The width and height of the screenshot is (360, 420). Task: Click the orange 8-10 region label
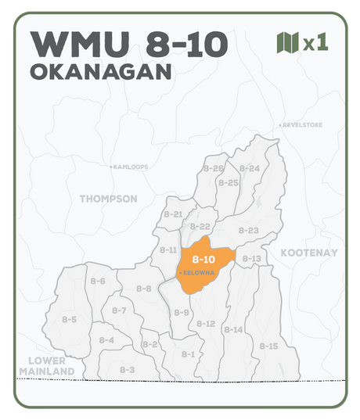[x=203, y=259]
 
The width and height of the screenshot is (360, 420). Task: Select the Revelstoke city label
[x=301, y=125]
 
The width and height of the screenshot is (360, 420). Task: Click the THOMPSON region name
[x=108, y=199]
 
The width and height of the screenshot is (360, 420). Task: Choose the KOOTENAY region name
[x=309, y=253]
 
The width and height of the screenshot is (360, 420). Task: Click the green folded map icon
[x=288, y=43]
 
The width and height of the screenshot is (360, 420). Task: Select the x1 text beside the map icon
[x=315, y=43]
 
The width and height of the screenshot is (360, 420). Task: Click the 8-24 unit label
[x=249, y=168]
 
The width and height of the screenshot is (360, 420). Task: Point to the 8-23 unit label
[x=248, y=230]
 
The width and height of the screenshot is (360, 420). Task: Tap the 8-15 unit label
[x=268, y=346]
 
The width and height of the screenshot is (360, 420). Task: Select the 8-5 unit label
[x=69, y=319]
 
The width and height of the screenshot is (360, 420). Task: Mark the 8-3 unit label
[x=128, y=369]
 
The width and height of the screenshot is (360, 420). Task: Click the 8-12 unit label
[x=206, y=324]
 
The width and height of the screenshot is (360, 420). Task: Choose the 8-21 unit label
[x=173, y=214]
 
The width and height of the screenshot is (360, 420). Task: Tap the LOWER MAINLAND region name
[x=45, y=365]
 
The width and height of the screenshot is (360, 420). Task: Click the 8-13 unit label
[x=251, y=259]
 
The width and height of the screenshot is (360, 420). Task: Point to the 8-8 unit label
[x=144, y=289]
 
